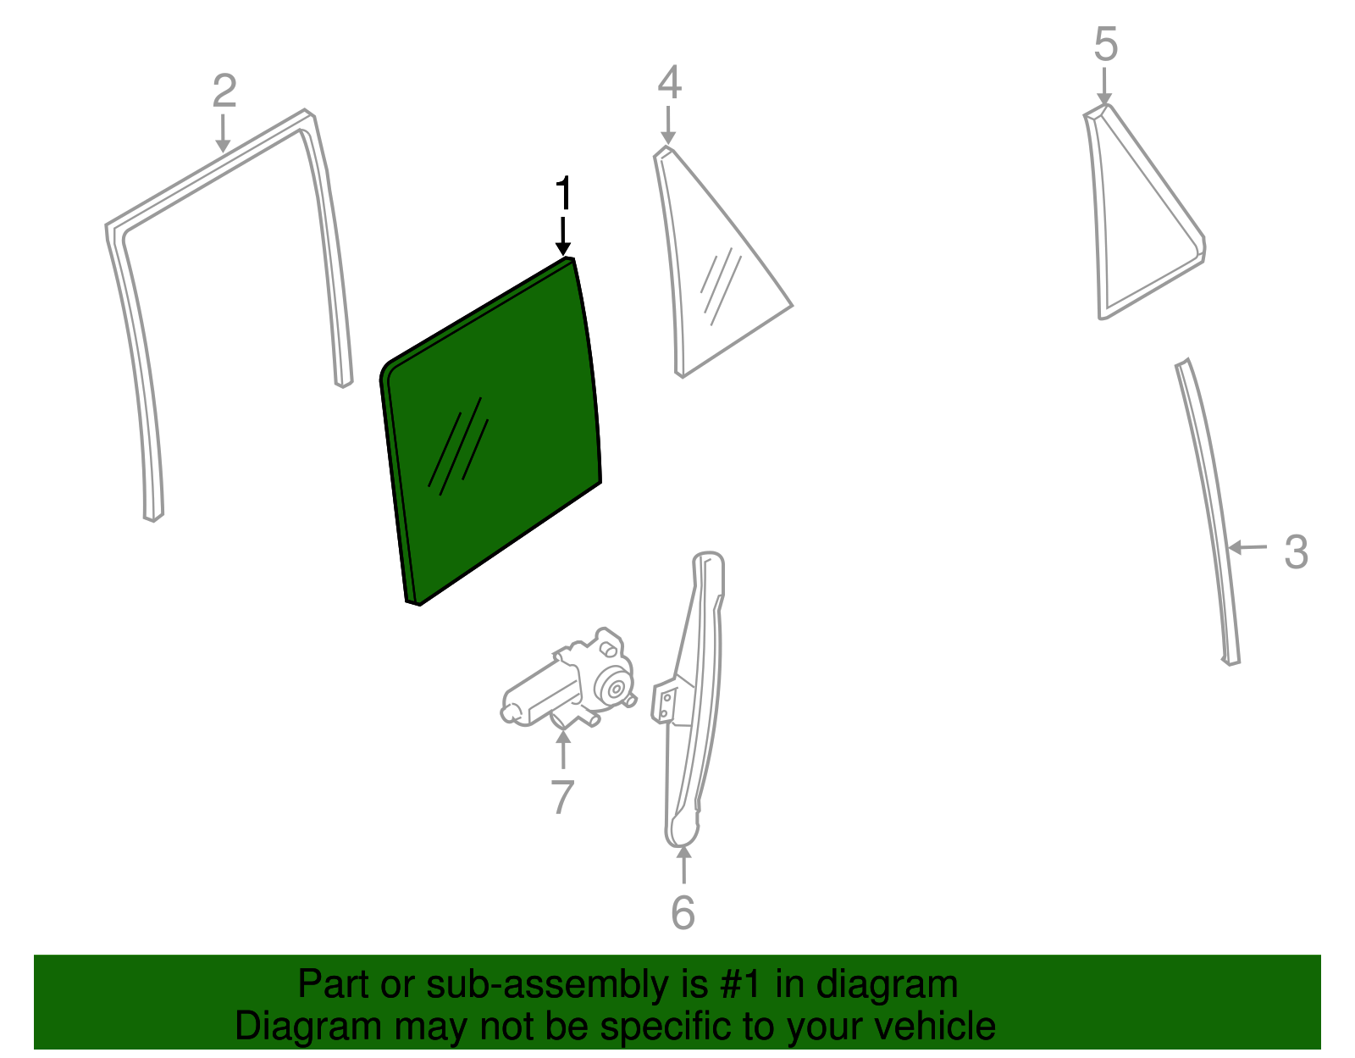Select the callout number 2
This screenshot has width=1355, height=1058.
224,91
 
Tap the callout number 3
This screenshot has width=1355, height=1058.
1296,551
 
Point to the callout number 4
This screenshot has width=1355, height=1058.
670,82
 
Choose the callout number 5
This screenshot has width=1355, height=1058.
1105,44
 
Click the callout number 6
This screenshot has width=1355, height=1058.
683,913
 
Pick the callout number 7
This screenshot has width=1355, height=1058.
562,797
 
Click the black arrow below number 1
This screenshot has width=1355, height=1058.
563,236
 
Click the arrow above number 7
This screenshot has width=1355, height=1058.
563,750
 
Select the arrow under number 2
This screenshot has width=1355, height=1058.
223,133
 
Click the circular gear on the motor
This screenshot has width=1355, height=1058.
615,689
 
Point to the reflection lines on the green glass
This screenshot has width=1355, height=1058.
458,446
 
